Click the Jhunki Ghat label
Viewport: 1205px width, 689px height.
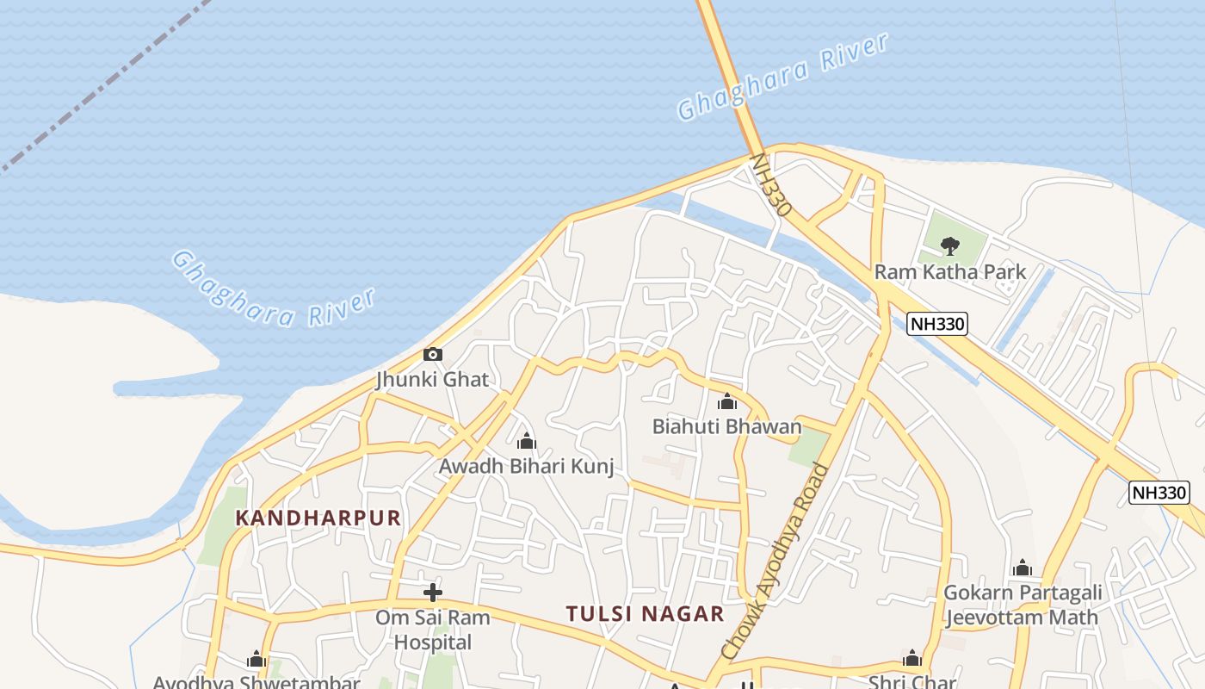coord(432,380)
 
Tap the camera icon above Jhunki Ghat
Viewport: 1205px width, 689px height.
coord(433,354)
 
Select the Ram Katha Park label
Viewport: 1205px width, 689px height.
coord(950,272)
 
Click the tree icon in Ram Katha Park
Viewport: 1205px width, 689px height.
coord(950,246)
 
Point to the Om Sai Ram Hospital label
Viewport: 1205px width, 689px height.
coord(432,630)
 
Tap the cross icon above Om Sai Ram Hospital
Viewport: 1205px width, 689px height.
coord(433,593)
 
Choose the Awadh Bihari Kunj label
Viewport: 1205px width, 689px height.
coord(527,467)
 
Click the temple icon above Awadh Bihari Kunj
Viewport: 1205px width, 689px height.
coord(527,443)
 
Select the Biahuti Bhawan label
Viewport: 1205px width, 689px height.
coord(726,426)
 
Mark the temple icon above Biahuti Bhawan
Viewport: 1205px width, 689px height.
coord(727,402)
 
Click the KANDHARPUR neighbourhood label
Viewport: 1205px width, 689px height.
coord(318,518)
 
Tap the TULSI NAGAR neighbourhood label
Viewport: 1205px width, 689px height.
coord(645,614)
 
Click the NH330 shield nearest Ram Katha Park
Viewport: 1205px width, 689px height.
coord(937,324)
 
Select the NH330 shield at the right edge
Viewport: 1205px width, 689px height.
coord(1159,493)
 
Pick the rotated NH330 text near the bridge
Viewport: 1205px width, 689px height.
coord(771,185)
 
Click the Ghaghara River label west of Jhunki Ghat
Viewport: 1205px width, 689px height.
coord(274,289)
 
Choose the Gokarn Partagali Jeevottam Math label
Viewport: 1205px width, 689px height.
coord(1023,605)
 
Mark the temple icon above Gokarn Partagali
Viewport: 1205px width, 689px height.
coord(1023,568)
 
